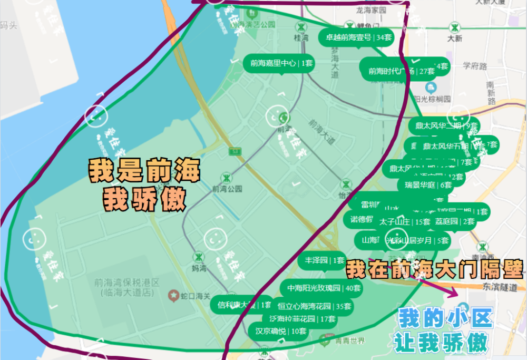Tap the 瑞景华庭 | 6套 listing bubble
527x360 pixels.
click(x=428, y=185)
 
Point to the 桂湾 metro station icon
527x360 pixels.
click(x=301, y=27)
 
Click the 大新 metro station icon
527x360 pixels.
click(x=454, y=27)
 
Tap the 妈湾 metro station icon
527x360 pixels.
click(x=199, y=257)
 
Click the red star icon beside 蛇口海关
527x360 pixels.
click(x=171, y=294)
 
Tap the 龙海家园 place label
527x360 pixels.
click(x=371, y=10)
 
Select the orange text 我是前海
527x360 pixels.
click(x=144, y=171)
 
